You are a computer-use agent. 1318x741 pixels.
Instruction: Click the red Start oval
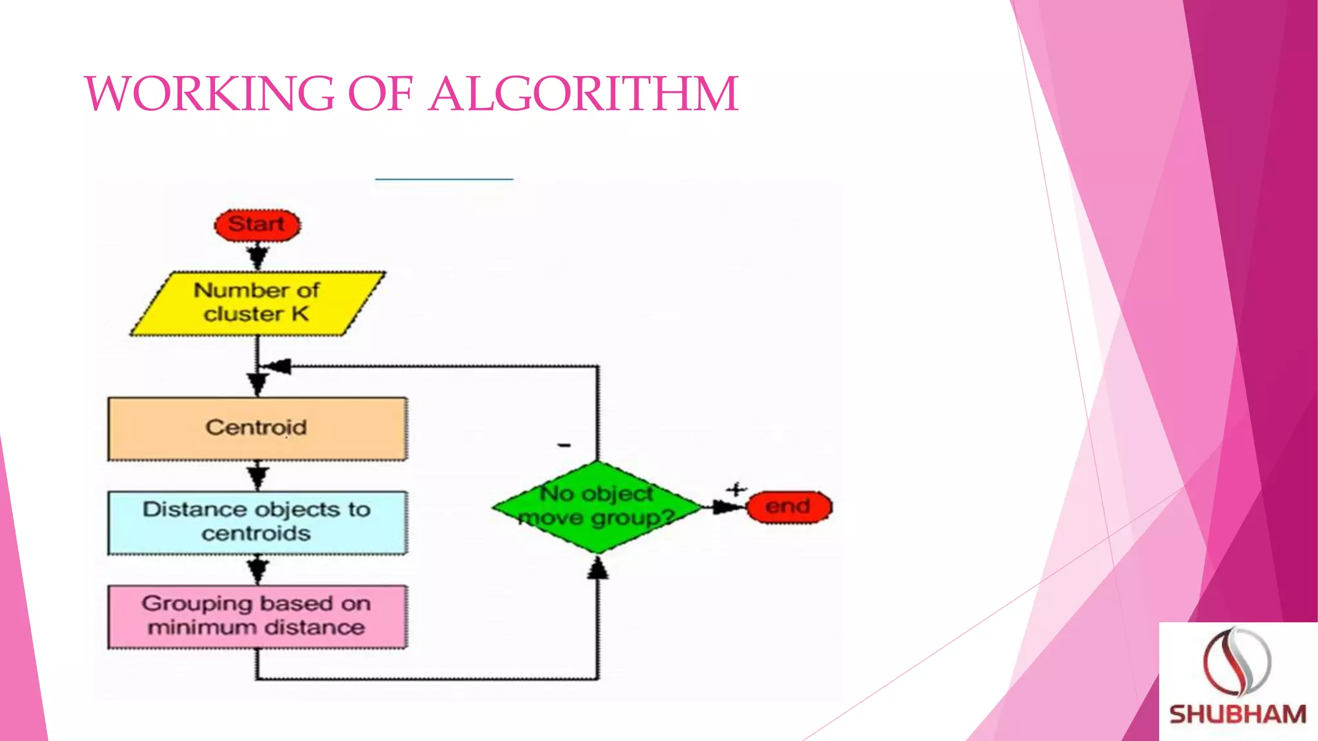(257, 225)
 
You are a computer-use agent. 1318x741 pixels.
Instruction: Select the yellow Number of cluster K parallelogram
(257, 303)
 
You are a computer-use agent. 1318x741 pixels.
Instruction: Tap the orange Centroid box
(257, 428)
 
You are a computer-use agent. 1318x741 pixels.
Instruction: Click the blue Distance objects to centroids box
(257, 522)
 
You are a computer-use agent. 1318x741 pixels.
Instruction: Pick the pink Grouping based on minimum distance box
(257, 616)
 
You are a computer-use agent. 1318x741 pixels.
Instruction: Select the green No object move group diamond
(597, 507)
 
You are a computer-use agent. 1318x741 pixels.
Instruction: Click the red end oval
(789, 507)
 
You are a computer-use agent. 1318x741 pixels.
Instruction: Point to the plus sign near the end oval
(736, 490)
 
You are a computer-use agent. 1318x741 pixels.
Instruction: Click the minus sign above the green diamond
(564, 445)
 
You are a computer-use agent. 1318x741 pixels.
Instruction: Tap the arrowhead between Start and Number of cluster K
(257, 257)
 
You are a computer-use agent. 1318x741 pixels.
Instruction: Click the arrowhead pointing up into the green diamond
(598, 568)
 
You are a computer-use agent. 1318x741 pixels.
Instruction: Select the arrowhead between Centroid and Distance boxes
(257, 477)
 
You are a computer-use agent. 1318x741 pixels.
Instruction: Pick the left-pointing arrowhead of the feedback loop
(279, 367)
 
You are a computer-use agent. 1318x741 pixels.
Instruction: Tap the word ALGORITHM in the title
(583, 94)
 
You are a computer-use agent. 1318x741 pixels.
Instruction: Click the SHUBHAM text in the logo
(1237, 715)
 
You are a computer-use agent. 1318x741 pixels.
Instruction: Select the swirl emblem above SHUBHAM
(1236, 661)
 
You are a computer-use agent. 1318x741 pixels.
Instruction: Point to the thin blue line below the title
(444, 179)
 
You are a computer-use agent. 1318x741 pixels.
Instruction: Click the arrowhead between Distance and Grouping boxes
(257, 570)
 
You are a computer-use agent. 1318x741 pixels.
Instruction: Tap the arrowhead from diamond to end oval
(727, 507)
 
